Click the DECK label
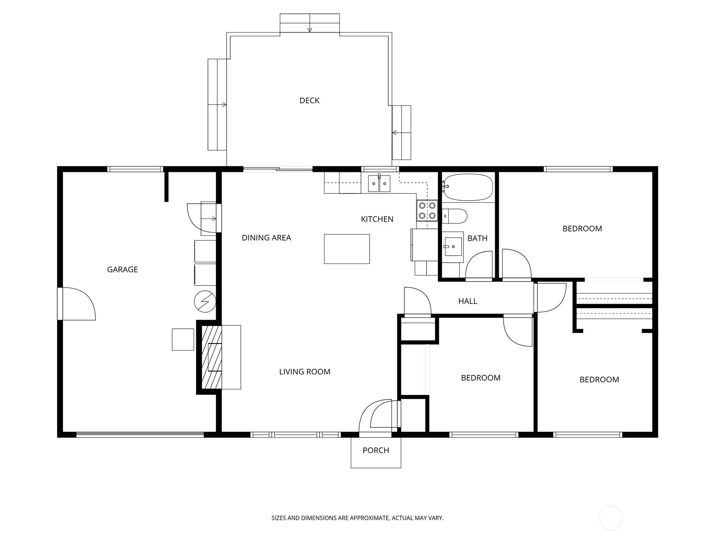[x=309, y=100]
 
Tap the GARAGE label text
[x=122, y=269]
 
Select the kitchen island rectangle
[x=347, y=249]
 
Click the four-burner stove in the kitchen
[x=426, y=211]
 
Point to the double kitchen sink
[x=379, y=183]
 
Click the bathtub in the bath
[x=468, y=188]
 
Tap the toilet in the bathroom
[x=455, y=216]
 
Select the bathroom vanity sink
[x=452, y=246]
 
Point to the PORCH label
[x=376, y=450]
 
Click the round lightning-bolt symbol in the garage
[x=205, y=302]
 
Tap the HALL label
[x=468, y=301]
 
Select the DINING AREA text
[x=266, y=238]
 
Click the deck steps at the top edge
[x=309, y=23]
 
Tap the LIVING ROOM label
[x=305, y=372]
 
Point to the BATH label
[x=477, y=238]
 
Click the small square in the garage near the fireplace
[x=183, y=339]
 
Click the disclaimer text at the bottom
[x=357, y=518]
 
